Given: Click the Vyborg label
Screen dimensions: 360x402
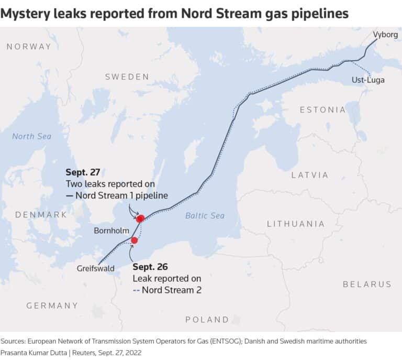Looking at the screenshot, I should (x=385, y=35).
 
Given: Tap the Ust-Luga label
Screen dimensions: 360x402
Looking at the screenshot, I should (x=368, y=80).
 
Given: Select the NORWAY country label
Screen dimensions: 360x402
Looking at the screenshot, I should (x=29, y=47).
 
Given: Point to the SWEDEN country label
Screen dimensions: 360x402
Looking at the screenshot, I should (x=127, y=77).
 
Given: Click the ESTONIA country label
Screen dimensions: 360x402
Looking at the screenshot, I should (x=322, y=110).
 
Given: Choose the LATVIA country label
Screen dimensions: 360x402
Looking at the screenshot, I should (x=310, y=175).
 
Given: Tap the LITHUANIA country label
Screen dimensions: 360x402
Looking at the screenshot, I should (x=296, y=224).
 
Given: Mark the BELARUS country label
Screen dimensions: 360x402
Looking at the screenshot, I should (x=367, y=284).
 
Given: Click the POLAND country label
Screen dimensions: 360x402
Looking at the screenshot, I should (x=207, y=320).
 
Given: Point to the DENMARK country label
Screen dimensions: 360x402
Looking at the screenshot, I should (x=41, y=215).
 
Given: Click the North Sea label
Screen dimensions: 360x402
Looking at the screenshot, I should (x=31, y=136).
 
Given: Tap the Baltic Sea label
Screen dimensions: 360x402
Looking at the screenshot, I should (x=205, y=216).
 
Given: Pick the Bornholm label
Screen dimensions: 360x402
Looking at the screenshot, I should (x=111, y=231).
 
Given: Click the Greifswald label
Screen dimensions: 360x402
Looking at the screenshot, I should (x=95, y=268).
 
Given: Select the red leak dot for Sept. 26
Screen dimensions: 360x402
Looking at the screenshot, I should (x=135, y=241).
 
